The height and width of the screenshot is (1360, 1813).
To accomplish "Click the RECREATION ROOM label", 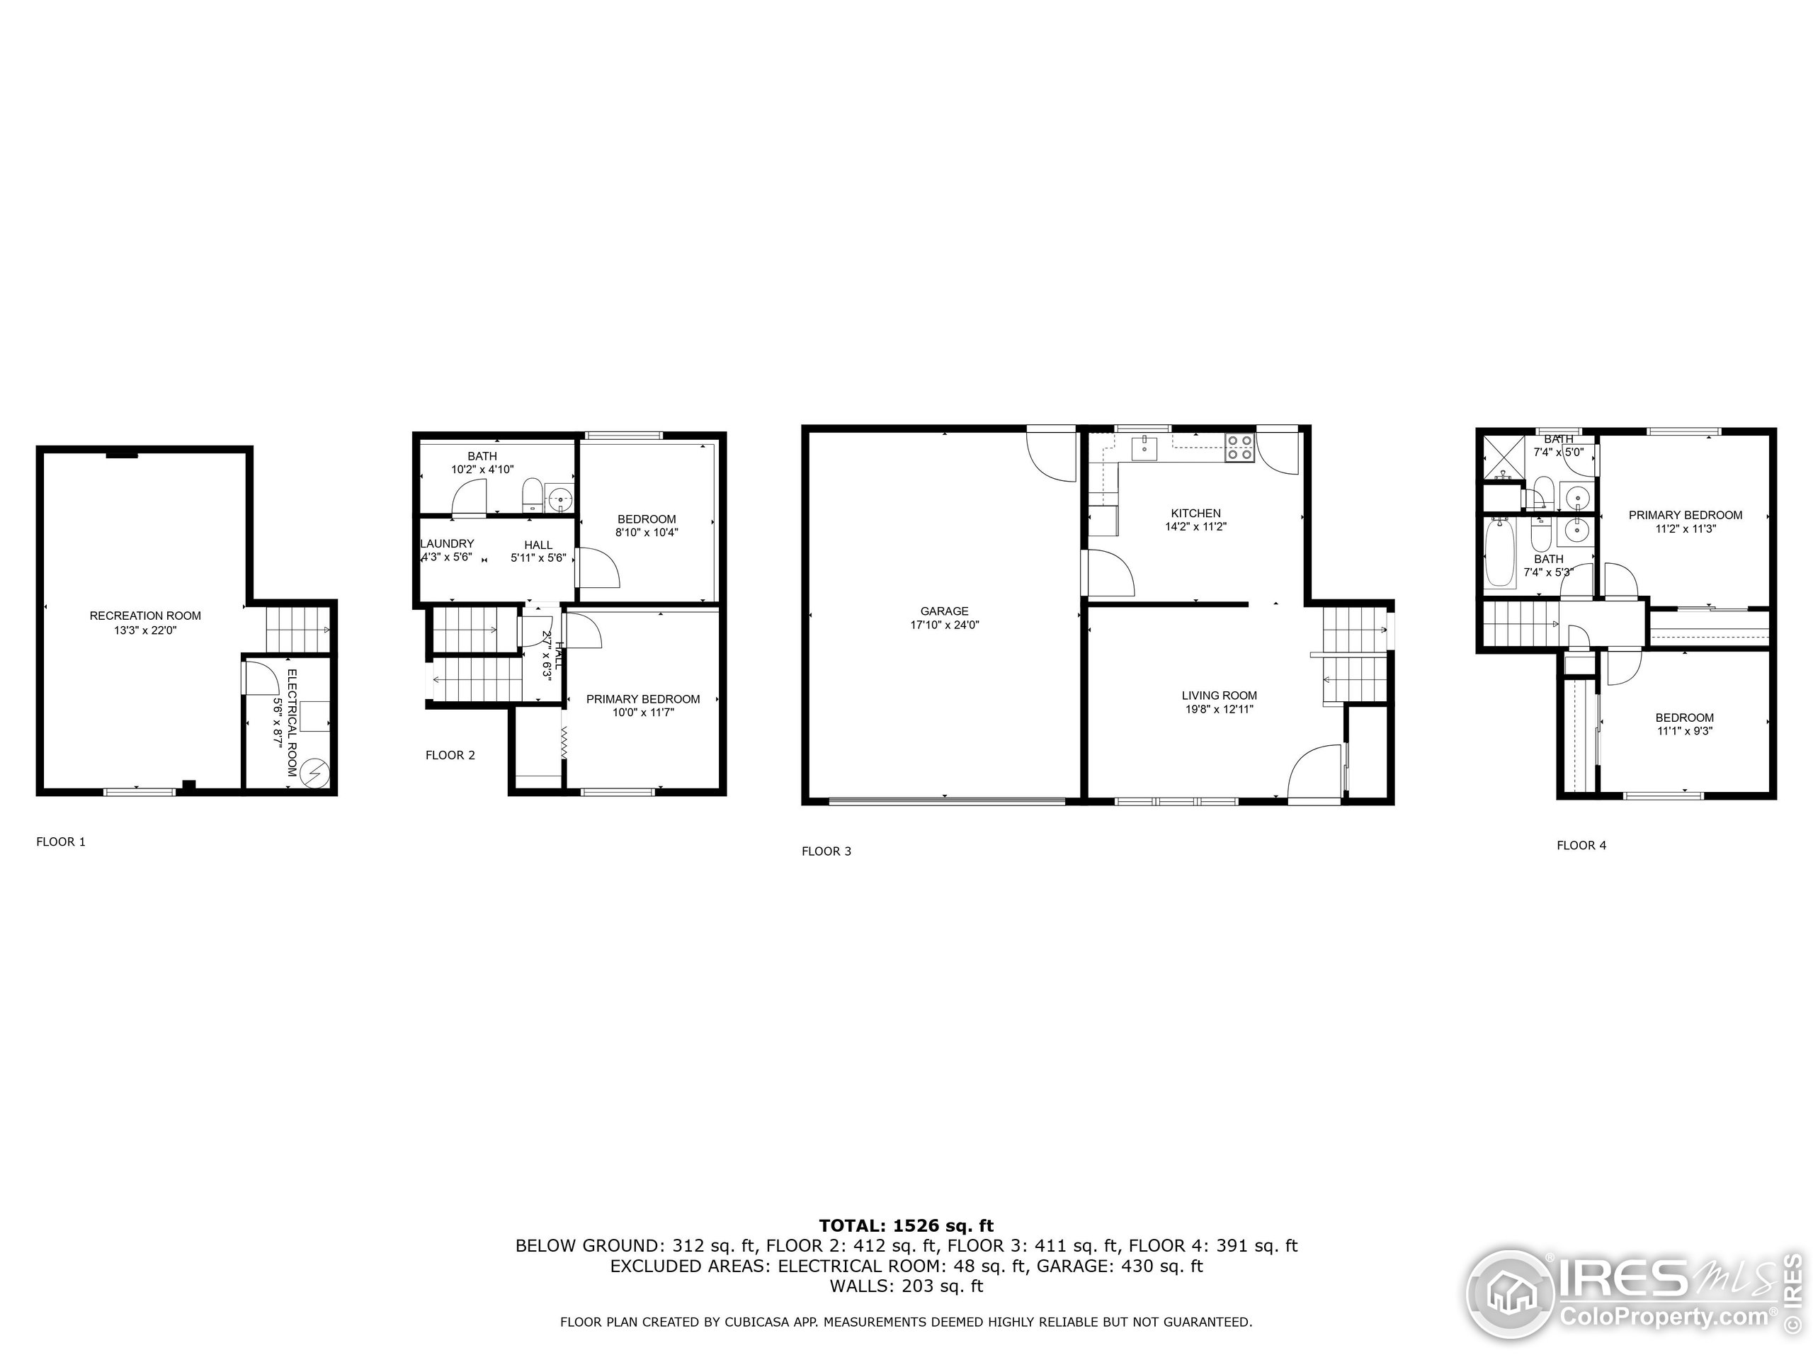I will tap(145, 616).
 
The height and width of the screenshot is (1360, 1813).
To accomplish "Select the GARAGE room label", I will tap(944, 611).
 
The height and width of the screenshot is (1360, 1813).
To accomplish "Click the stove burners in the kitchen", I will tap(1239, 447).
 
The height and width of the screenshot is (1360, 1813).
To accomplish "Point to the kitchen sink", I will tap(1144, 448).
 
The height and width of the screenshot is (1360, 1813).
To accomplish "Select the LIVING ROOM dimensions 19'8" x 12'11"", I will tap(1219, 709).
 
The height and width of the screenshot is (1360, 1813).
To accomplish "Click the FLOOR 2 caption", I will tap(450, 755).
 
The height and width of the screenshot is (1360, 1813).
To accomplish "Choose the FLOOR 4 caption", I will tap(1581, 845).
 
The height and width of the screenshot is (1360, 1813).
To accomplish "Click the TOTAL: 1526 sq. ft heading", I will tap(906, 1225).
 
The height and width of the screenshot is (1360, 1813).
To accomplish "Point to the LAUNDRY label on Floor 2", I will tap(448, 543).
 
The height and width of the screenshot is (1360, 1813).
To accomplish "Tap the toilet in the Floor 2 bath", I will tap(532, 495).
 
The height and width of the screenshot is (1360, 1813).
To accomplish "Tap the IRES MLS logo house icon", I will tap(1510, 1294).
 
